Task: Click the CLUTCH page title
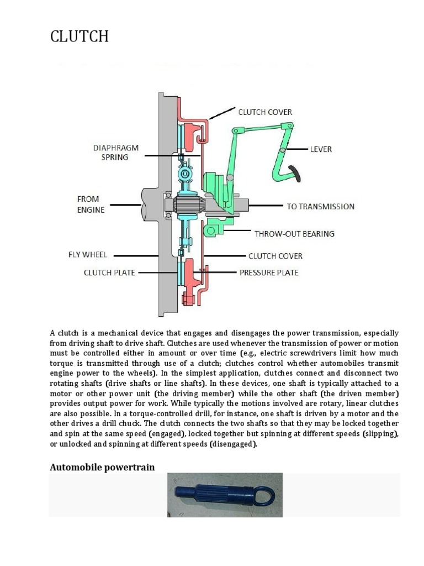point(79,37)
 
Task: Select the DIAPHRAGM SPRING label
point(115,152)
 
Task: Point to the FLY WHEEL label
point(88,255)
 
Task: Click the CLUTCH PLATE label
point(109,272)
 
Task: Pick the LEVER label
point(321,149)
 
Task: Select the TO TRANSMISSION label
point(320,207)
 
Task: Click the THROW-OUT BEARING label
point(294,233)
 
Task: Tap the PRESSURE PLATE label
point(268,272)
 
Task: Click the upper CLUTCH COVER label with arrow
point(265,112)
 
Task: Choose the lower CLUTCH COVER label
point(275,256)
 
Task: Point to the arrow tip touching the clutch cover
point(210,118)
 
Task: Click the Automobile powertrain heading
point(102,467)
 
